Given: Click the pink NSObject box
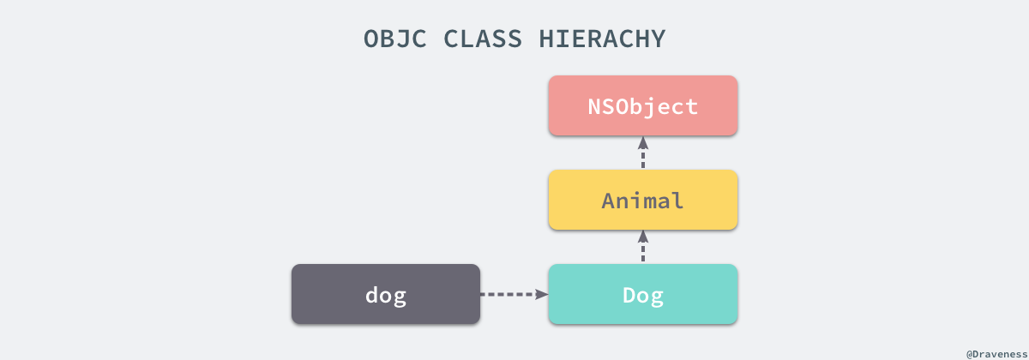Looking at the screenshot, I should tap(643, 105).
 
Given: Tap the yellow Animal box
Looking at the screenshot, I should tap(643, 200).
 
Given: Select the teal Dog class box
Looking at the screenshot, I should tap(643, 294).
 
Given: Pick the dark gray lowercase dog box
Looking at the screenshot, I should tap(386, 294).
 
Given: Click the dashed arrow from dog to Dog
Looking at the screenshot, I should tap(513, 294).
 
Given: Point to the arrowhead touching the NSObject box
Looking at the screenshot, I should tap(643, 141).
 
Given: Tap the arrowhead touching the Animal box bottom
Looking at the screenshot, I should tap(643, 236).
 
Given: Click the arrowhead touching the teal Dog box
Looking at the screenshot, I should tap(542, 294).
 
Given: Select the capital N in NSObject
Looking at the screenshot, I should tap(595, 106).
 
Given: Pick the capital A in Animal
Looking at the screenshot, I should tap(609, 201).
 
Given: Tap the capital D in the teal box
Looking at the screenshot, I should tap(629, 295).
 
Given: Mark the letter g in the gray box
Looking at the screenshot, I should tap(400, 297).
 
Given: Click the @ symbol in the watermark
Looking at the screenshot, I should tap(970, 352).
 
